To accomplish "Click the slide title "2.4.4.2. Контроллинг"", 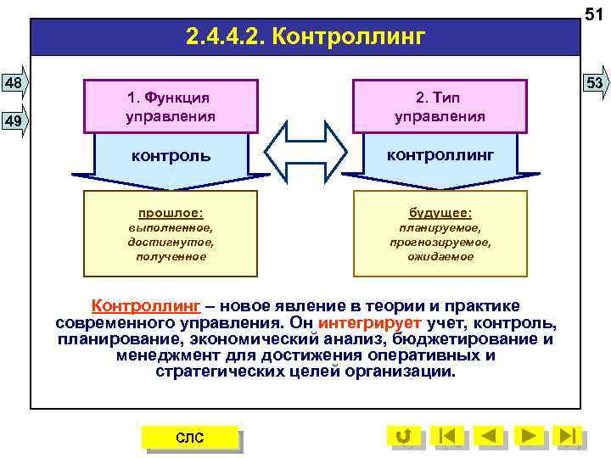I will (x=305, y=38).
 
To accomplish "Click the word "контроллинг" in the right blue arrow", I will (x=440, y=154).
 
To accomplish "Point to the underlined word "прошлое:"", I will (x=171, y=213).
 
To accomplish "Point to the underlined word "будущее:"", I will (x=440, y=213).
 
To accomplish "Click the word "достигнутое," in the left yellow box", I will (x=171, y=242).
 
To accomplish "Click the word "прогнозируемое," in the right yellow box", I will (x=440, y=242).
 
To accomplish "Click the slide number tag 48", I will (x=14, y=82).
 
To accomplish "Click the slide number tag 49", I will (x=14, y=121).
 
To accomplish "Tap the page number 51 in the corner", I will (x=594, y=11).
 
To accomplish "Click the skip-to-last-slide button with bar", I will (x=569, y=436).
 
